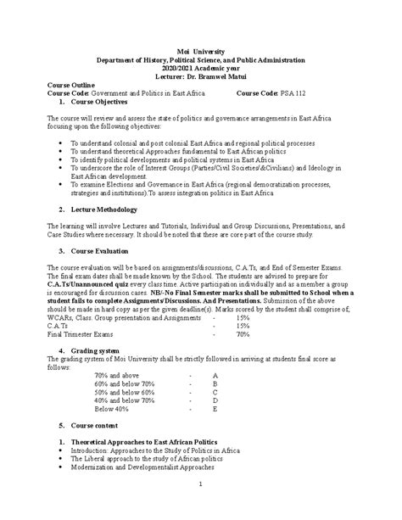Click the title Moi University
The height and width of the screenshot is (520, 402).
(200, 51)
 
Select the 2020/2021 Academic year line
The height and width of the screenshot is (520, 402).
(200, 68)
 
